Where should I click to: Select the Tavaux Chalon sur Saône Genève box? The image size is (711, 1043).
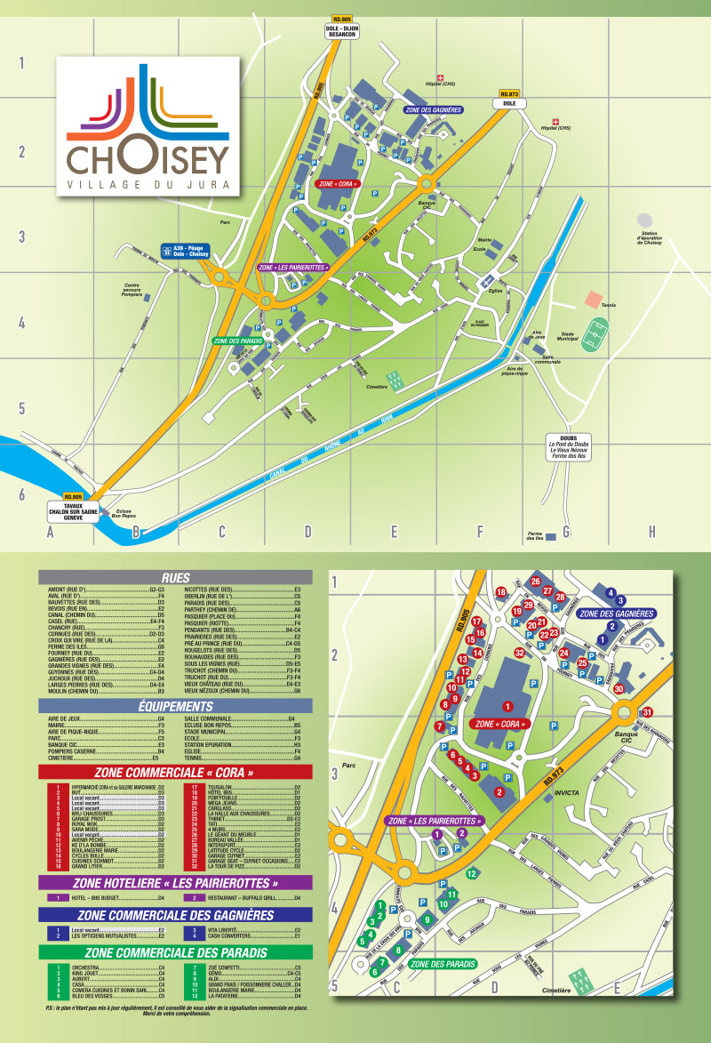[73, 509]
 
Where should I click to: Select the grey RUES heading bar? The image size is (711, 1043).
[175, 576]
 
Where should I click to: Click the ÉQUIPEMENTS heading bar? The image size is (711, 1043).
[175, 705]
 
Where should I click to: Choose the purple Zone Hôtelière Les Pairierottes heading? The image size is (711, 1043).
[175, 883]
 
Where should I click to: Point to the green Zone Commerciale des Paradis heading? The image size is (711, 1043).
[175, 952]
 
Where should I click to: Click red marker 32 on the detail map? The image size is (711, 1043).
[520, 653]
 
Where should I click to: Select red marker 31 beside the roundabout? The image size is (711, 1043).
[648, 711]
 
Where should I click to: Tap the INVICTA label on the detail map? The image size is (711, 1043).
[565, 792]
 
